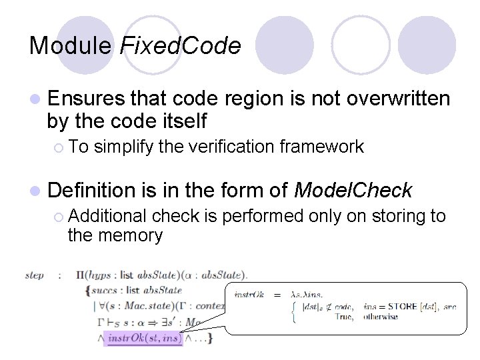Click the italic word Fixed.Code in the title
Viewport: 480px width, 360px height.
pos(180,45)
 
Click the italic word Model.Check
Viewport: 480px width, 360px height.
pos(353,191)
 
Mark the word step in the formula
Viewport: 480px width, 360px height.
pos(35,275)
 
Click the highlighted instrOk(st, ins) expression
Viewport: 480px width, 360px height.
pos(144,339)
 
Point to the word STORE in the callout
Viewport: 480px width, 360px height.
pos(401,306)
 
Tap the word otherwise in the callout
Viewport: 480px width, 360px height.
pos(381,317)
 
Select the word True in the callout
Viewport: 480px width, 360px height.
pos(344,317)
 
